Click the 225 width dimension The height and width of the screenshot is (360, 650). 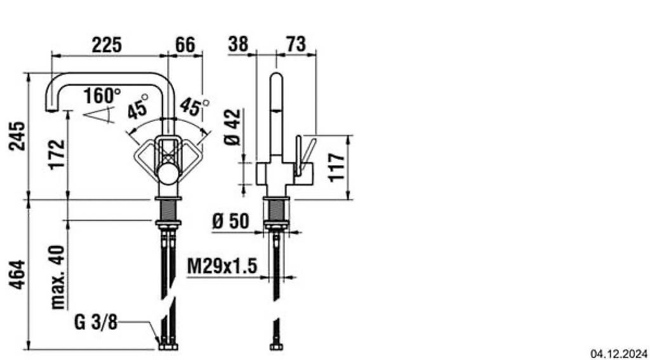pyautogui.click(x=107, y=45)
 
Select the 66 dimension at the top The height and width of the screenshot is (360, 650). pyautogui.click(x=185, y=45)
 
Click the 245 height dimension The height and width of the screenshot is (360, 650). pyautogui.click(x=18, y=136)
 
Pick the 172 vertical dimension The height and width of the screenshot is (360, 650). pyautogui.click(x=56, y=154)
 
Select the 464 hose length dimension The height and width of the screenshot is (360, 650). pyautogui.click(x=18, y=275)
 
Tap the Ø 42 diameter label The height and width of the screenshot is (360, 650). pyautogui.click(x=232, y=127)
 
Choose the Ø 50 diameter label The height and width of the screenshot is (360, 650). pyautogui.click(x=230, y=222)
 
